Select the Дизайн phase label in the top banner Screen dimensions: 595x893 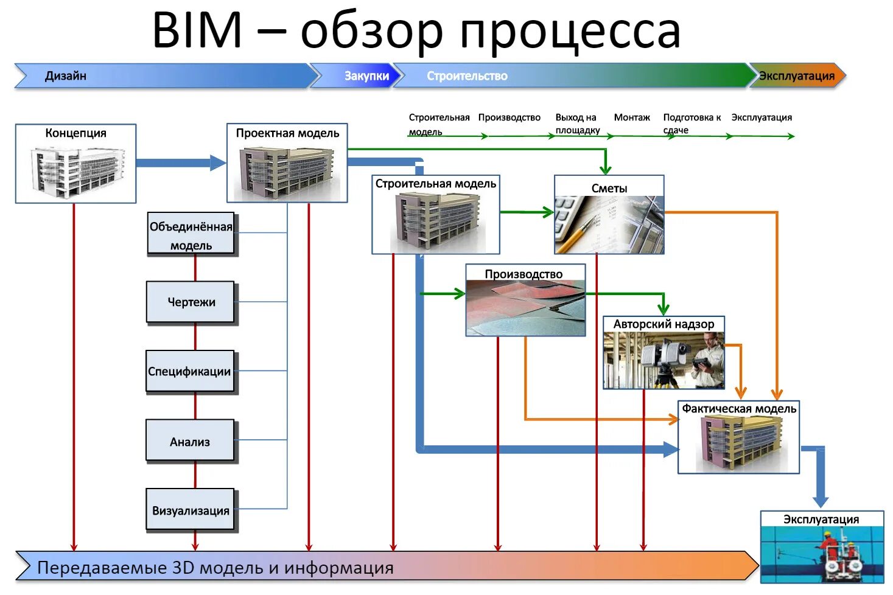tap(66, 76)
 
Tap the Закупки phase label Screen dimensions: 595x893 tap(366, 76)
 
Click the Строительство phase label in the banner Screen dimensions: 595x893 tap(467, 76)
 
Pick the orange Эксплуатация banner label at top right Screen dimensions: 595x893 tap(796, 76)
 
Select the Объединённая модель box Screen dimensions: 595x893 tap(191, 235)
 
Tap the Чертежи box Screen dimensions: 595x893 tap(191, 302)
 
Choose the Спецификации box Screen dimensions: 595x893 tap(190, 371)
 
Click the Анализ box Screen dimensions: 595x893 tap(190, 442)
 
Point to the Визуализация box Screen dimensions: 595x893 tap(191, 510)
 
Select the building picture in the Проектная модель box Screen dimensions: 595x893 tap(287, 172)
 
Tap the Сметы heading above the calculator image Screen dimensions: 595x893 tap(609, 189)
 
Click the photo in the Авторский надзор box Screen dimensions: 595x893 tap(664, 360)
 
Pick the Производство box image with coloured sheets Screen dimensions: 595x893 tap(525, 307)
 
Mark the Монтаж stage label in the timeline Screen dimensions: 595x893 tap(631, 117)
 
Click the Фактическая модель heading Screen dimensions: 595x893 tap(738, 409)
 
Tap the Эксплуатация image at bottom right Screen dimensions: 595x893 tap(822, 554)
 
